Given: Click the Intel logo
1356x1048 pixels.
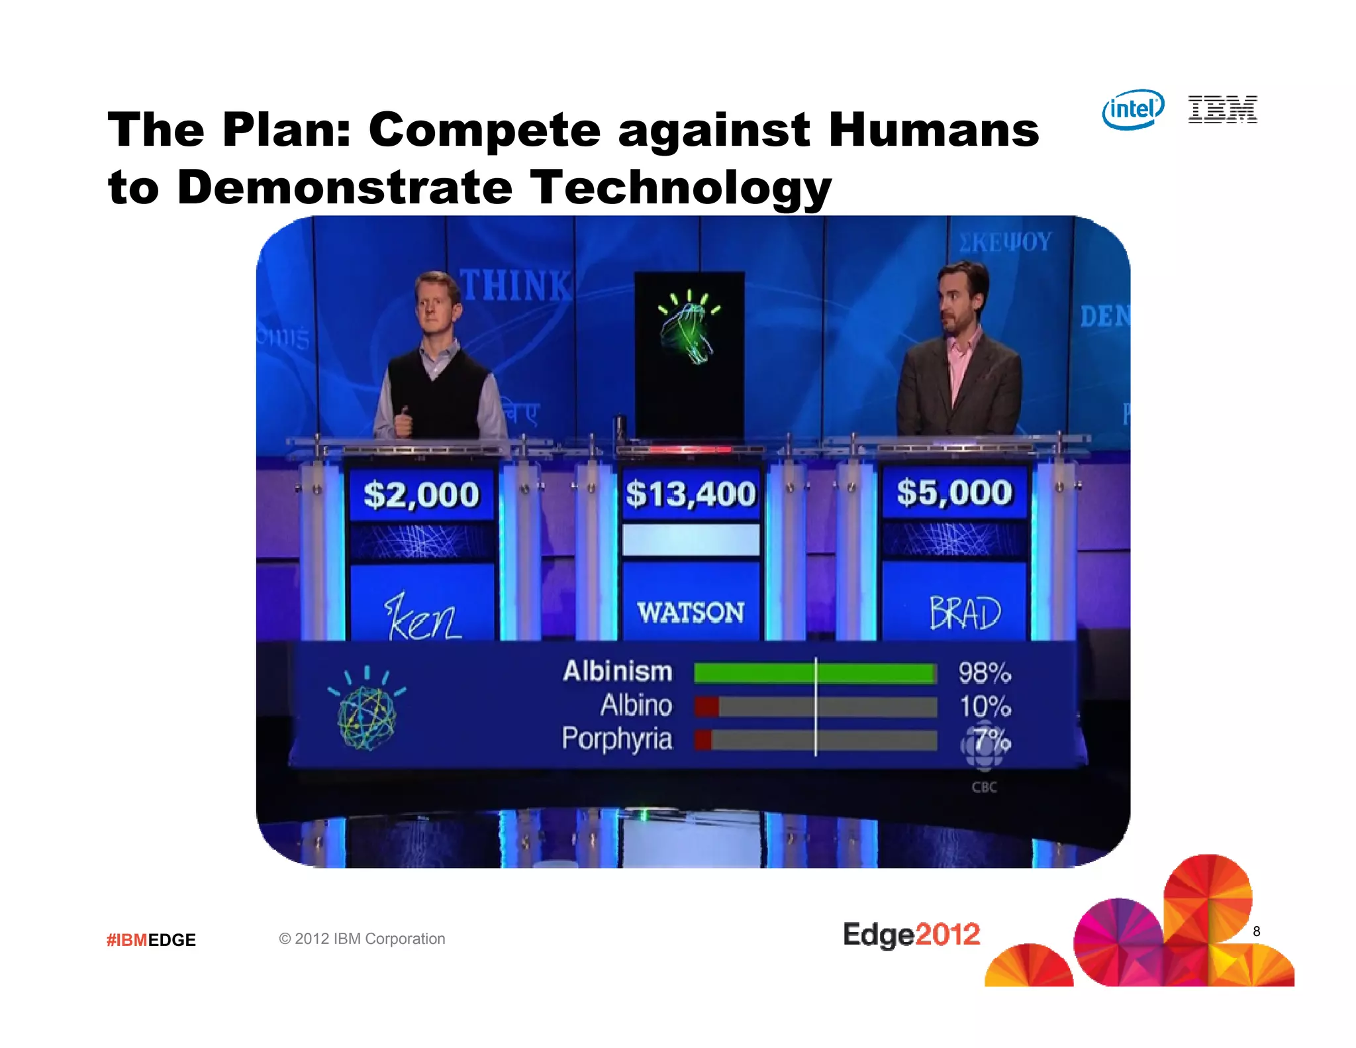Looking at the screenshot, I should (1133, 109).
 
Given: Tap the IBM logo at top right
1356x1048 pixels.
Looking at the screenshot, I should (1222, 109).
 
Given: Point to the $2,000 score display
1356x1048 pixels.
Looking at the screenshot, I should (421, 495).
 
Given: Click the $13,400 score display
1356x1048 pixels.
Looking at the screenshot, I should (691, 494).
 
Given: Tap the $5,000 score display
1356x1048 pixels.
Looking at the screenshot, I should (954, 493).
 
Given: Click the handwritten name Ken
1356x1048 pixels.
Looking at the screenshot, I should (422, 618).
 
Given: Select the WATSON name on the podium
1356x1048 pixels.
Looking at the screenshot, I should (691, 612).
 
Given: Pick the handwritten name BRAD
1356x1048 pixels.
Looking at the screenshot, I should (965, 613).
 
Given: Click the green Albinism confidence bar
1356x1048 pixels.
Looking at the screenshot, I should (814, 674).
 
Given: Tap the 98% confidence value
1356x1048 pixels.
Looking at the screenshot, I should (985, 673).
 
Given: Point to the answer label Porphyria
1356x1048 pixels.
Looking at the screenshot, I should (617, 739).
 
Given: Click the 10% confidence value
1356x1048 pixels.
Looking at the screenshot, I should (985, 707).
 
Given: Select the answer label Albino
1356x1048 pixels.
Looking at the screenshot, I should (636, 706).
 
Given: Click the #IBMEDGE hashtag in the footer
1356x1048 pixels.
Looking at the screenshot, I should (151, 940).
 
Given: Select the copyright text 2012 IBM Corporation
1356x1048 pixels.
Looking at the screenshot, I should (362, 939).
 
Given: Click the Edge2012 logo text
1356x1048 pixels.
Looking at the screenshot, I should (911, 935).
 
